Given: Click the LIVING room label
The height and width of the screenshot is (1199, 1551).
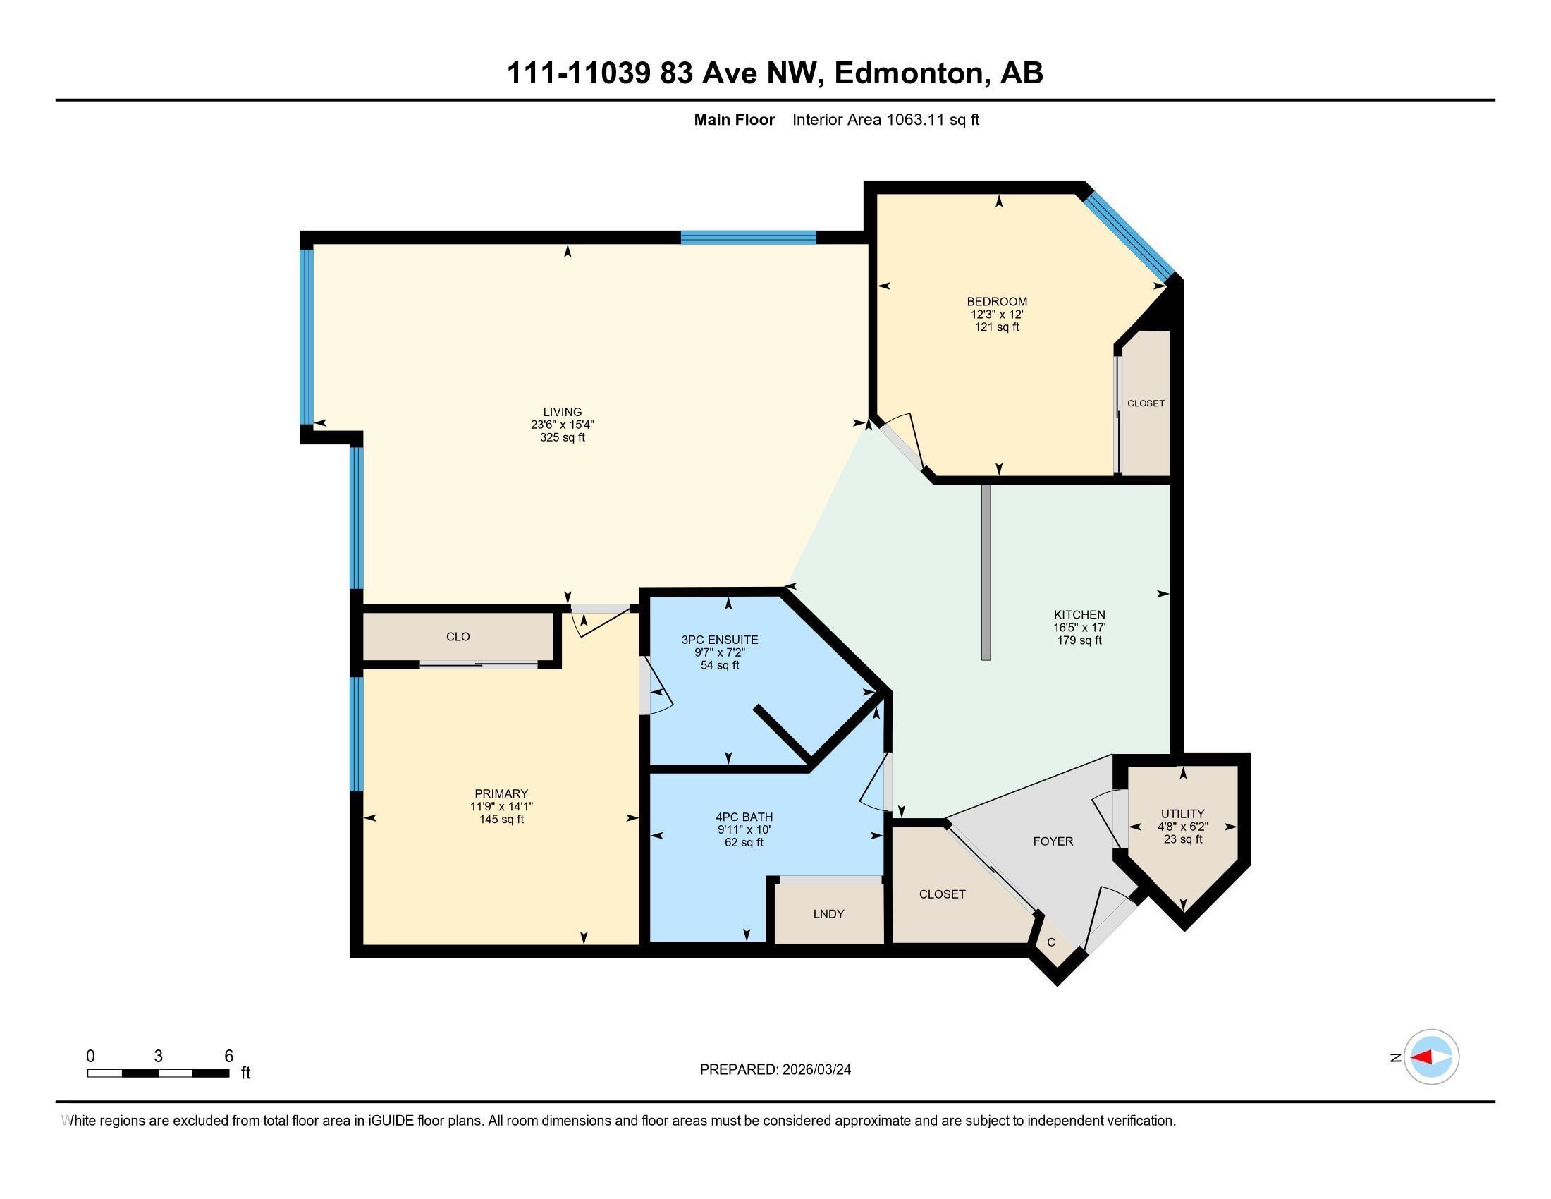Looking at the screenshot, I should [562, 412].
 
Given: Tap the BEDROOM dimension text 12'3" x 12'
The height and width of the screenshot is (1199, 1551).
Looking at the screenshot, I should [996, 315].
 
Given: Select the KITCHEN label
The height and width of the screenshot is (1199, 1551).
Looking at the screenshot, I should [1079, 615].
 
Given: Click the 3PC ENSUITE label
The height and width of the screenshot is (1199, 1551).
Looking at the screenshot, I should [719, 640].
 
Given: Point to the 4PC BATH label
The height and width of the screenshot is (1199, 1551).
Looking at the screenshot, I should [744, 817].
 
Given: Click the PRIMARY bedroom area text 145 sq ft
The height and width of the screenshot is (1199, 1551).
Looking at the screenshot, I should [501, 820].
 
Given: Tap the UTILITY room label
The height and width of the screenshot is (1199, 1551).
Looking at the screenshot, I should [1182, 814].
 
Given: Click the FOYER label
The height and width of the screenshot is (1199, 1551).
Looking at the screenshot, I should [1053, 841].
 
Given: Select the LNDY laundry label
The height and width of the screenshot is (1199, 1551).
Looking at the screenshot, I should [828, 914].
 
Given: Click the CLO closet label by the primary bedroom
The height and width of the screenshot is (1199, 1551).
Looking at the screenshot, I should [458, 637].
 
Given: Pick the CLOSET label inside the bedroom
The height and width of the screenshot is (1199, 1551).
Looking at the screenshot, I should [1146, 403].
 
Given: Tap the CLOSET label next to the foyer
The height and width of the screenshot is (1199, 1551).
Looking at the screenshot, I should [942, 894].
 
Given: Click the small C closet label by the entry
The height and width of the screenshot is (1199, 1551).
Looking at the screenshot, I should [1051, 942].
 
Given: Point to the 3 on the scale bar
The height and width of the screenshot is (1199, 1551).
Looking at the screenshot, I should [158, 1057].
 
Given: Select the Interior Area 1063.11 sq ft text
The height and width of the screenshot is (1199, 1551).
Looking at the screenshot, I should [885, 120].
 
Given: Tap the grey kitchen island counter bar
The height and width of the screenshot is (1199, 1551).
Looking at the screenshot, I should [985, 572].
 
